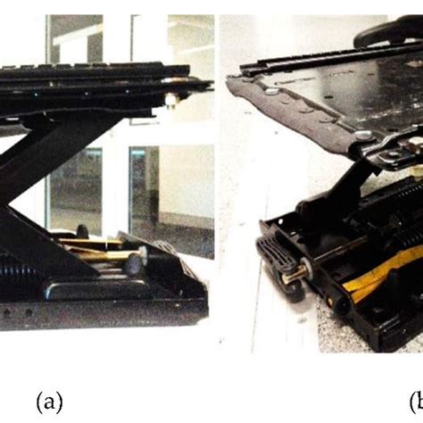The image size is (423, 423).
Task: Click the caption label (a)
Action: point(50,403)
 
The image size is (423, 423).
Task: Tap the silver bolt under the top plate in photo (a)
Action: point(170,100)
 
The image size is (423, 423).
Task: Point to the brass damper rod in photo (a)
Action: point(98,256)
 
